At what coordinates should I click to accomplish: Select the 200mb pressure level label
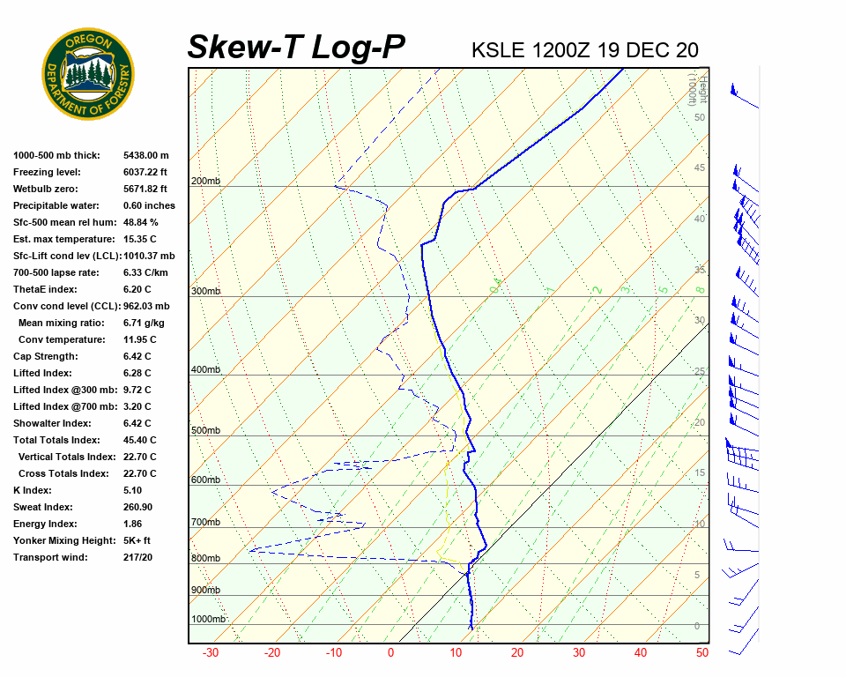pyautogui.click(x=204, y=181)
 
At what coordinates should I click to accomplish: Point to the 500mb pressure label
pyautogui.click(x=204, y=430)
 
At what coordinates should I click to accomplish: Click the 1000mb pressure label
pyautogui.click(x=209, y=619)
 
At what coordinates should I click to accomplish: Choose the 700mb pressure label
pyautogui.click(x=204, y=522)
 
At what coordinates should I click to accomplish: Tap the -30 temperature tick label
pyautogui.click(x=211, y=653)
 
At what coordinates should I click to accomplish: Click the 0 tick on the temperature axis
pyautogui.click(x=391, y=653)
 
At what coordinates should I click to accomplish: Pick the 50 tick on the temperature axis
pyautogui.click(x=702, y=653)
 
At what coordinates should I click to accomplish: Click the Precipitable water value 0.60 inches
pyautogui.click(x=149, y=205)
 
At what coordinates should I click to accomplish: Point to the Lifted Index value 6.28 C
pyautogui.click(x=137, y=373)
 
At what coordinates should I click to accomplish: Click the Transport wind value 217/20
pyautogui.click(x=137, y=557)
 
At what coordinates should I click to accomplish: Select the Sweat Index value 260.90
pyautogui.click(x=137, y=507)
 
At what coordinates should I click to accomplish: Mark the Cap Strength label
pyautogui.click(x=45, y=356)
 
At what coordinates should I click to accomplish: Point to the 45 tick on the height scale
pyautogui.click(x=700, y=168)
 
